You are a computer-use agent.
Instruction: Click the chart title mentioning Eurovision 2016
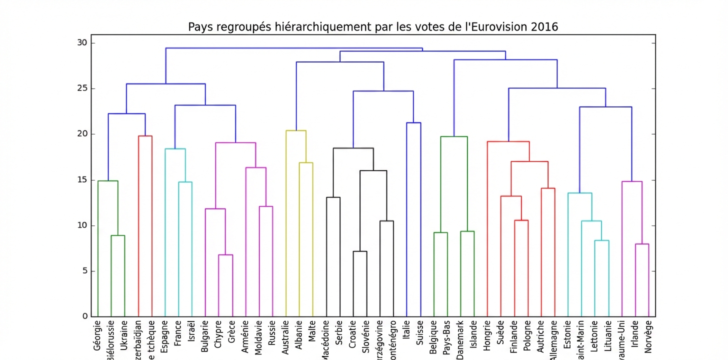click(372, 26)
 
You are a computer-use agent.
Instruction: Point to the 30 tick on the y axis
click(82, 43)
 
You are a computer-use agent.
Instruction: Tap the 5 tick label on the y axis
click(85, 271)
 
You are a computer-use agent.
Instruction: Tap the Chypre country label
click(218, 333)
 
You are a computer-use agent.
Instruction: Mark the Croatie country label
click(353, 333)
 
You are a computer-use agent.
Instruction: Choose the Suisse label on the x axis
click(420, 331)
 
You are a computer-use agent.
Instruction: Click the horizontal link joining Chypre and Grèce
click(225, 255)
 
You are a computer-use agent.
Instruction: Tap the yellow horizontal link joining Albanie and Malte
click(305, 163)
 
